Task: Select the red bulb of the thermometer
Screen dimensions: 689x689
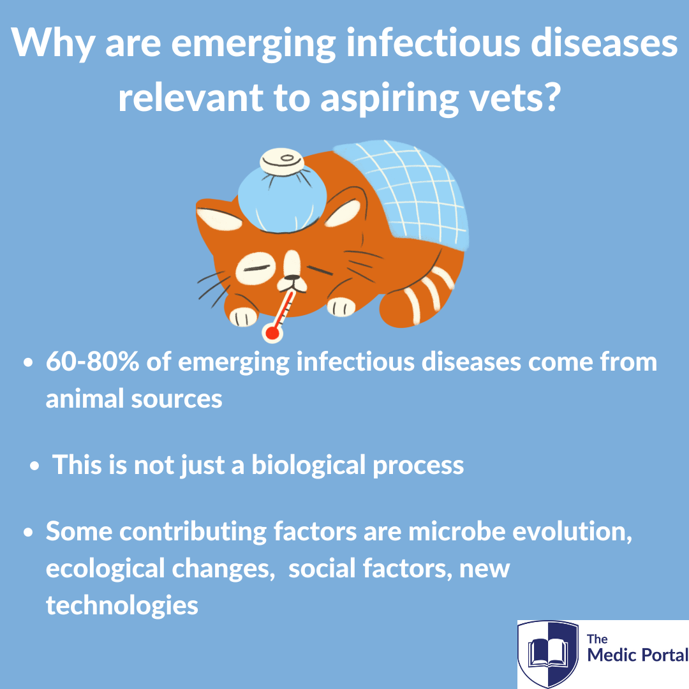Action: [x=272, y=333]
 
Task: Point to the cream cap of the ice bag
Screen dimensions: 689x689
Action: [x=282, y=161]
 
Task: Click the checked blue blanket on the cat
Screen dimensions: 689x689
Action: [x=406, y=193]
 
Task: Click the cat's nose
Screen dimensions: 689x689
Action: [x=292, y=278]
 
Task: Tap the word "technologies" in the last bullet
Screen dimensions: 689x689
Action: [x=122, y=605]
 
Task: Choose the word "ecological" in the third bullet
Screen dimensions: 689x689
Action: [x=105, y=568]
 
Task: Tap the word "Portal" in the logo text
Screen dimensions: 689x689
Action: [x=663, y=655]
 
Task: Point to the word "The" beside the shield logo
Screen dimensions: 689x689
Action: [x=597, y=639]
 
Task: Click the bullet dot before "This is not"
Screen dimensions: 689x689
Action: [x=34, y=466]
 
